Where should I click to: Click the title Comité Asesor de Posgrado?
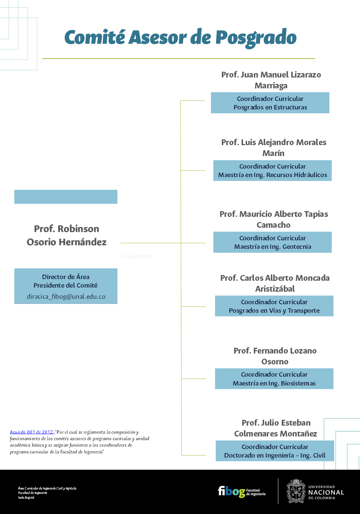tap(180, 37)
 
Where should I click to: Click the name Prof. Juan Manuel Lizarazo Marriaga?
tap(271, 80)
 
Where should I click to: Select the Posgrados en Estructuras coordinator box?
tap(270, 103)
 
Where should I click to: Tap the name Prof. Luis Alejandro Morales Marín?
tap(274, 148)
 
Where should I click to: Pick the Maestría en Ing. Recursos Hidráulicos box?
tap(273, 171)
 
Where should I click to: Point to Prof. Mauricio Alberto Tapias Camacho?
tap(274, 219)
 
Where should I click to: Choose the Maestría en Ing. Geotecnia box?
tap(273, 242)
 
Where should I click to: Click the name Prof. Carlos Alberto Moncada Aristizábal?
tap(275, 283)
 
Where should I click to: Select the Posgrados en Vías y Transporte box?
tap(274, 306)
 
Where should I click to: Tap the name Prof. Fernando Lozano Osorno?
tap(275, 356)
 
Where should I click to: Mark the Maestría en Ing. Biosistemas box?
tap(274, 379)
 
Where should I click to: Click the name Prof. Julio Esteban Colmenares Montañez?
tap(276, 428)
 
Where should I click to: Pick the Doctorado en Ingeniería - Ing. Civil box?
tap(275, 451)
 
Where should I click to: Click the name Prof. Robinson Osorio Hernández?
tap(67, 235)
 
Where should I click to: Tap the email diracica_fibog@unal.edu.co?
tap(66, 296)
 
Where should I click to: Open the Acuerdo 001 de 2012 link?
tap(32, 432)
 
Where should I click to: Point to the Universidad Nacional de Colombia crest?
tap(296, 491)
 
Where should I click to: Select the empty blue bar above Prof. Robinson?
tap(66, 197)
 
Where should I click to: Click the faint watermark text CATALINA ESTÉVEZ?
tap(137, 257)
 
